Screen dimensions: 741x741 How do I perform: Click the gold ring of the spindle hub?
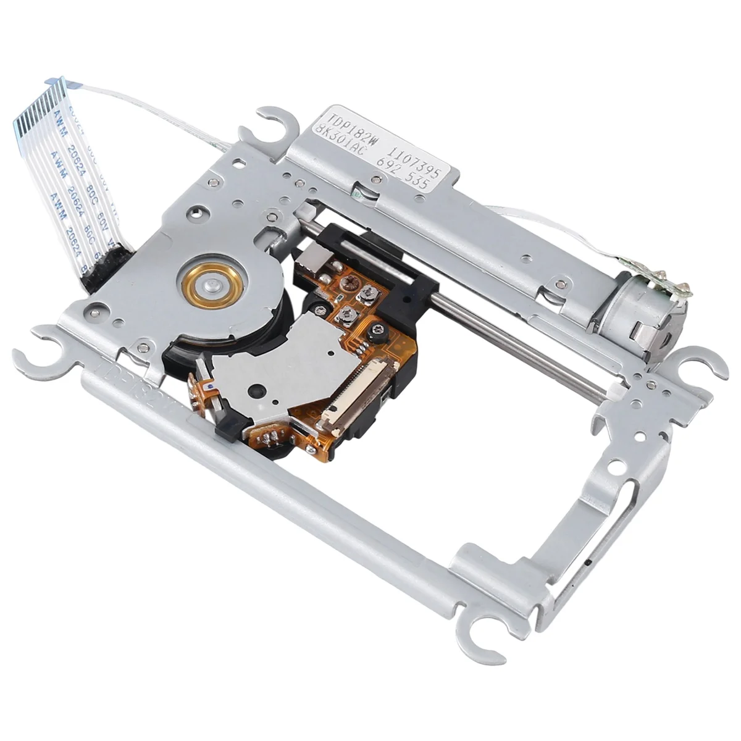click(x=207, y=285)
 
